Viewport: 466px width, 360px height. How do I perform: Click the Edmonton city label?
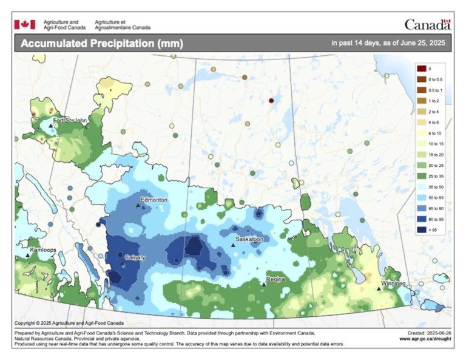pyautogui.click(x=154, y=200)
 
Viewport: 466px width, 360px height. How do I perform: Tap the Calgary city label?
pyautogui.click(x=135, y=257)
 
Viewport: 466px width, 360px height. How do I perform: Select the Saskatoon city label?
pyautogui.click(x=249, y=239)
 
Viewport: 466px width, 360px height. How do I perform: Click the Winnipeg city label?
pyautogui.click(x=393, y=284)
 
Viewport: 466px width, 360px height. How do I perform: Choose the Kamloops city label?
pyautogui.click(x=43, y=250)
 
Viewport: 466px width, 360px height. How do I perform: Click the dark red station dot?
pyautogui.click(x=271, y=101)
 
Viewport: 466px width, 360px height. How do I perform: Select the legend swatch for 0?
pyautogui.click(x=421, y=69)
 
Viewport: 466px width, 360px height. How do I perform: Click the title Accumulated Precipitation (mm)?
pyautogui.click(x=101, y=44)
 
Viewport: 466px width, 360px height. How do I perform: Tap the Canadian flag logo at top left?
pyautogui.click(x=25, y=24)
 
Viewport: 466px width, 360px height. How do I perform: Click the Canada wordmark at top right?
pyautogui.click(x=428, y=24)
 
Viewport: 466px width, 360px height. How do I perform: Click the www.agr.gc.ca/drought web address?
pyautogui.click(x=425, y=339)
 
